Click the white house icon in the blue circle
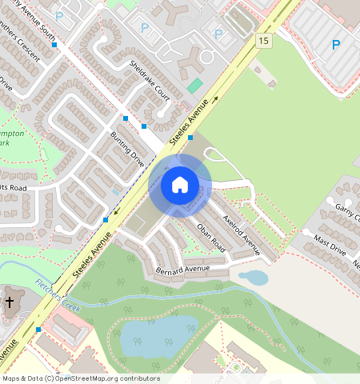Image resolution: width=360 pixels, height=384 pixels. point(180,185)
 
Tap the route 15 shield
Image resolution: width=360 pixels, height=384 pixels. point(264,39)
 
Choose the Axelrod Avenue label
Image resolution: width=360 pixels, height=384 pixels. point(242,234)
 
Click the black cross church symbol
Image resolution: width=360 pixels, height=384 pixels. point(10,302)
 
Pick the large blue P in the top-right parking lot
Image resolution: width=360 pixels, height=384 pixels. point(336,45)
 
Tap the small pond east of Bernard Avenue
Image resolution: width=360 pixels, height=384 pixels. point(254,278)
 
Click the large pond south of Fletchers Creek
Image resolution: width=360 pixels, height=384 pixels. point(158,330)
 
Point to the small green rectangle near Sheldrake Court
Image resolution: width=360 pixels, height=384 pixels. point(195,85)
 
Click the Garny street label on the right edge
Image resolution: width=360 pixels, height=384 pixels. point(348,209)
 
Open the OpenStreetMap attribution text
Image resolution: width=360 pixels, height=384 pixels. point(80,378)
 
